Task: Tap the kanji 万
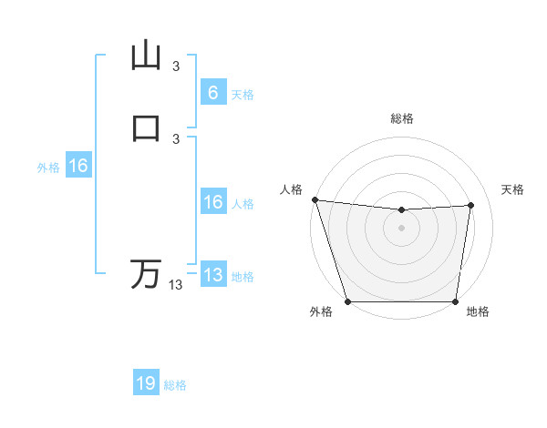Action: click(146, 274)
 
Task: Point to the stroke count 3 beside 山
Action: click(176, 66)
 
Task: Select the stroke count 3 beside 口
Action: click(176, 138)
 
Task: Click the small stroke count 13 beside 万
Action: click(176, 285)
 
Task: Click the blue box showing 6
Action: click(212, 93)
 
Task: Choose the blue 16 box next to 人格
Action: click(212, 202)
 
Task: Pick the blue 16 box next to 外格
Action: click(78, 166)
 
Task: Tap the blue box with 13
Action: click(212, 275)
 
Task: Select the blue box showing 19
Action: click(146, 383)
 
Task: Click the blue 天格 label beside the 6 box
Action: click(243, 95)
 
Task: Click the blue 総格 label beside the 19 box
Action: click(175, 385)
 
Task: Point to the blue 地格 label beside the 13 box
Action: click(243, 277)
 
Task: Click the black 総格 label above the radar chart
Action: click(402, 118)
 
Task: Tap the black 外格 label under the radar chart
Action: click(321, 312)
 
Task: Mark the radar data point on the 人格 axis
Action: click(315, 199)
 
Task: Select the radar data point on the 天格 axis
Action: click(471, 205)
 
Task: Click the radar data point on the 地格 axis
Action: click(456, 301)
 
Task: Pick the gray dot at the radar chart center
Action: click(402, 228)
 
